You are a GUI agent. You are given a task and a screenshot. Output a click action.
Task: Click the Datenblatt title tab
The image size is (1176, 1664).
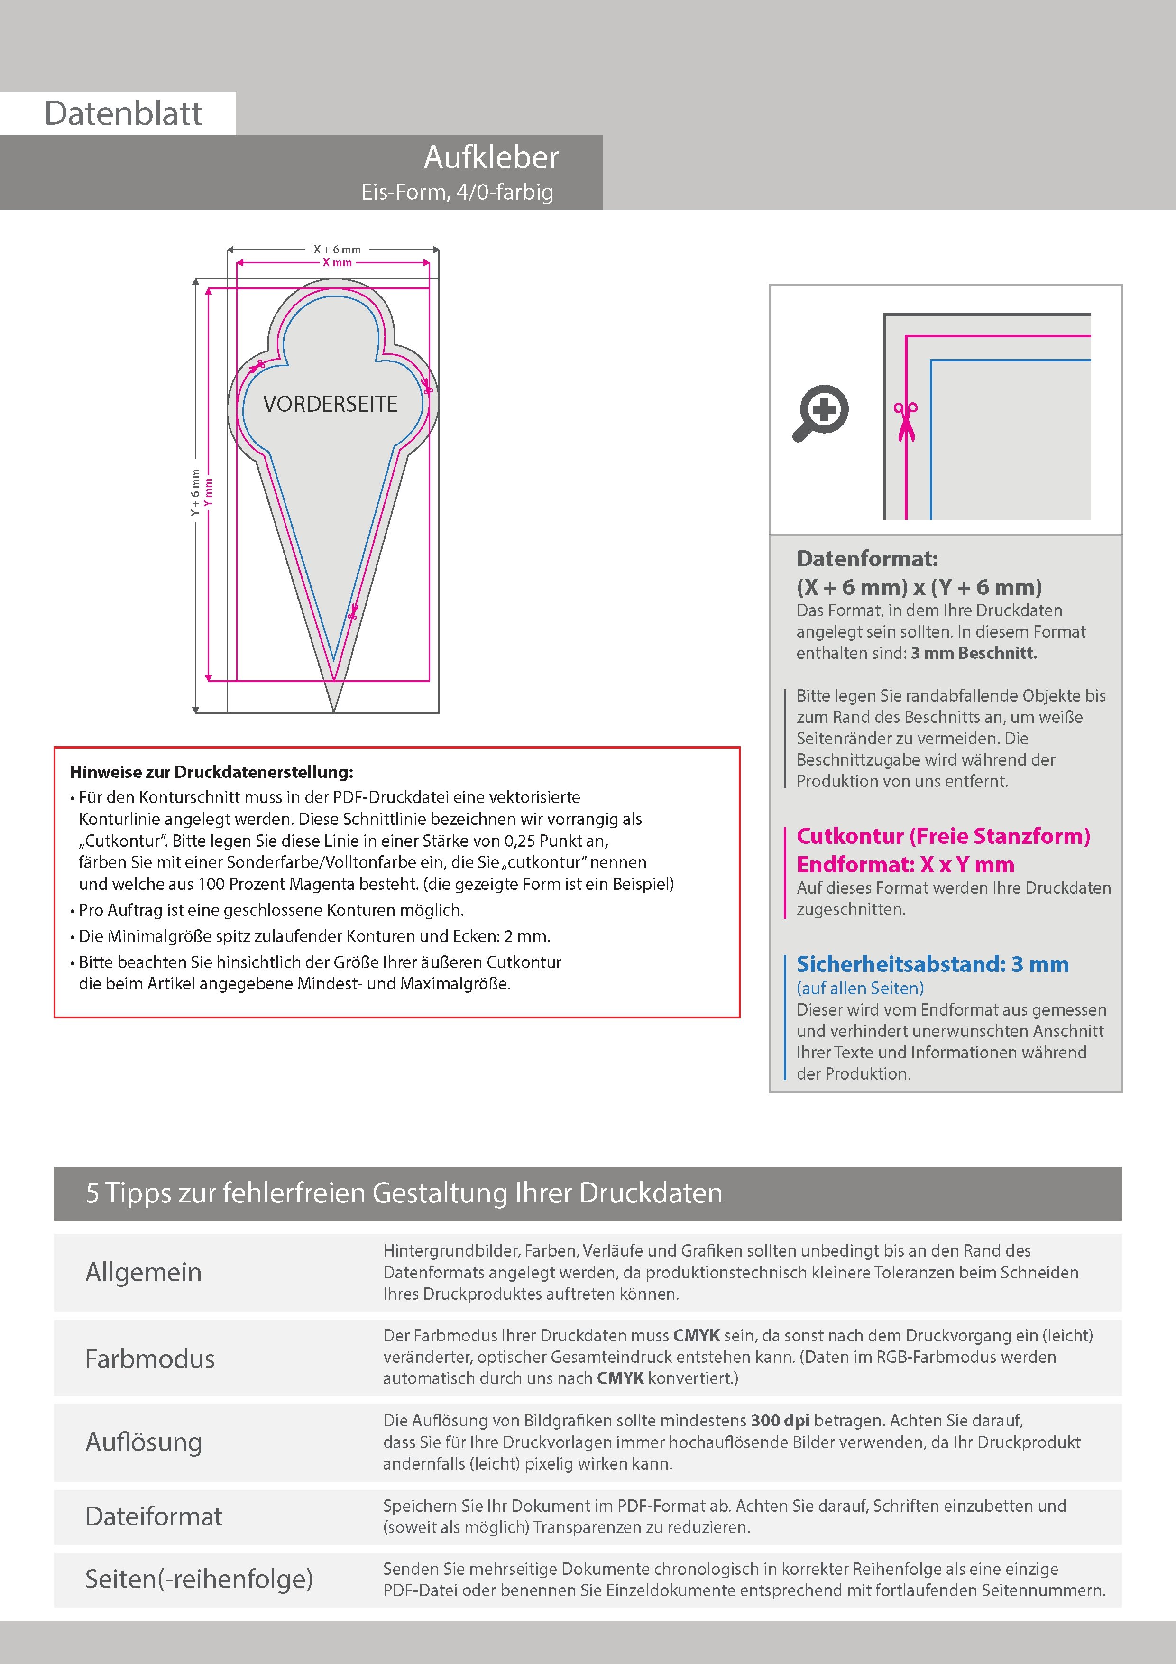[x=123, y=113]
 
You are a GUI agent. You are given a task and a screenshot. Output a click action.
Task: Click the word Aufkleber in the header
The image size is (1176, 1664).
[x=491, y=157]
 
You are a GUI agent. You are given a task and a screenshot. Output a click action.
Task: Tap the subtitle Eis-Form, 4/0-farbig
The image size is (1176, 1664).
[x=457, y=192]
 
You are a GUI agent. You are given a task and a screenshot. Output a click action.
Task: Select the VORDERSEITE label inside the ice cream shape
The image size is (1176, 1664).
[x=331, y=404]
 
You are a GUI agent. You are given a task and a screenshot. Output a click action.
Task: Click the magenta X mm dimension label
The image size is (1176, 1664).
[x=337, y=262]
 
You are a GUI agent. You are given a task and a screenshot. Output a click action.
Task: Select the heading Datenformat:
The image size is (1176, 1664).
[x=867, y=559]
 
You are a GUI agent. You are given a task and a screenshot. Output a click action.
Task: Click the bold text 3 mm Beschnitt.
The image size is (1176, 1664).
[x=974, y=653]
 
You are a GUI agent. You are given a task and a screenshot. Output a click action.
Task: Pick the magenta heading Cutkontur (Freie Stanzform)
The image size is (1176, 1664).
[x=943, y=836]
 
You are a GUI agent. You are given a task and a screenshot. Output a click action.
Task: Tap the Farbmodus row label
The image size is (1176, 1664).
[x=150, y=1358]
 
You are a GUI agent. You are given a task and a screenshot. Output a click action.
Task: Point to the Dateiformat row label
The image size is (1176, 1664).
[x=154, y=1516]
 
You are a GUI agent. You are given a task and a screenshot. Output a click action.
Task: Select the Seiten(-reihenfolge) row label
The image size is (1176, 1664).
[x=199, y=1579]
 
